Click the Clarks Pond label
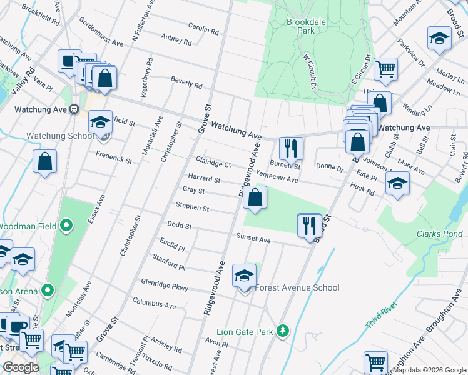click(x=439, y=234)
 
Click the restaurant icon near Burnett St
click(x=291, y=148)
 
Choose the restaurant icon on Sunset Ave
click(x=309, y=225)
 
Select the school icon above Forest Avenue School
click(x=244, y=275)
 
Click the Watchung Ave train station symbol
click(x=74, y=109)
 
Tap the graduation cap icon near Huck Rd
click(x=397, y=184)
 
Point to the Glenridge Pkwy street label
click(x=165, y=285)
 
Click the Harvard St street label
click(x=204, y=179)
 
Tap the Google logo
click(x=21, y=368)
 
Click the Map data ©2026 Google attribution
click(x=429, y=370)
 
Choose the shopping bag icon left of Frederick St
click(x=45, y=162)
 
